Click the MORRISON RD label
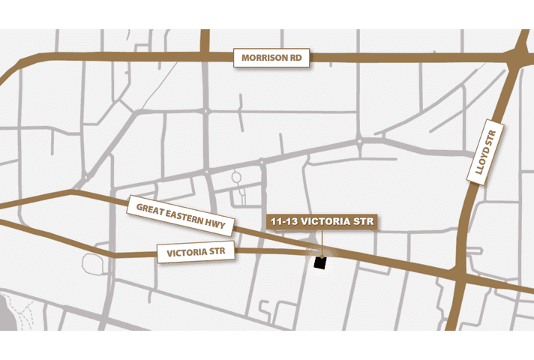271,58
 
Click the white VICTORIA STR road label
196,252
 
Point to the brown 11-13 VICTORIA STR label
321,222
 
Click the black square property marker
320,262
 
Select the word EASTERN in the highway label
183,216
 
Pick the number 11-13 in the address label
286,222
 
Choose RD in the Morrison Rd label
295,58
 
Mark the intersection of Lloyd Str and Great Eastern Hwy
460,277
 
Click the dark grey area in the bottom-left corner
6,315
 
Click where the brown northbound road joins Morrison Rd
205,56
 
